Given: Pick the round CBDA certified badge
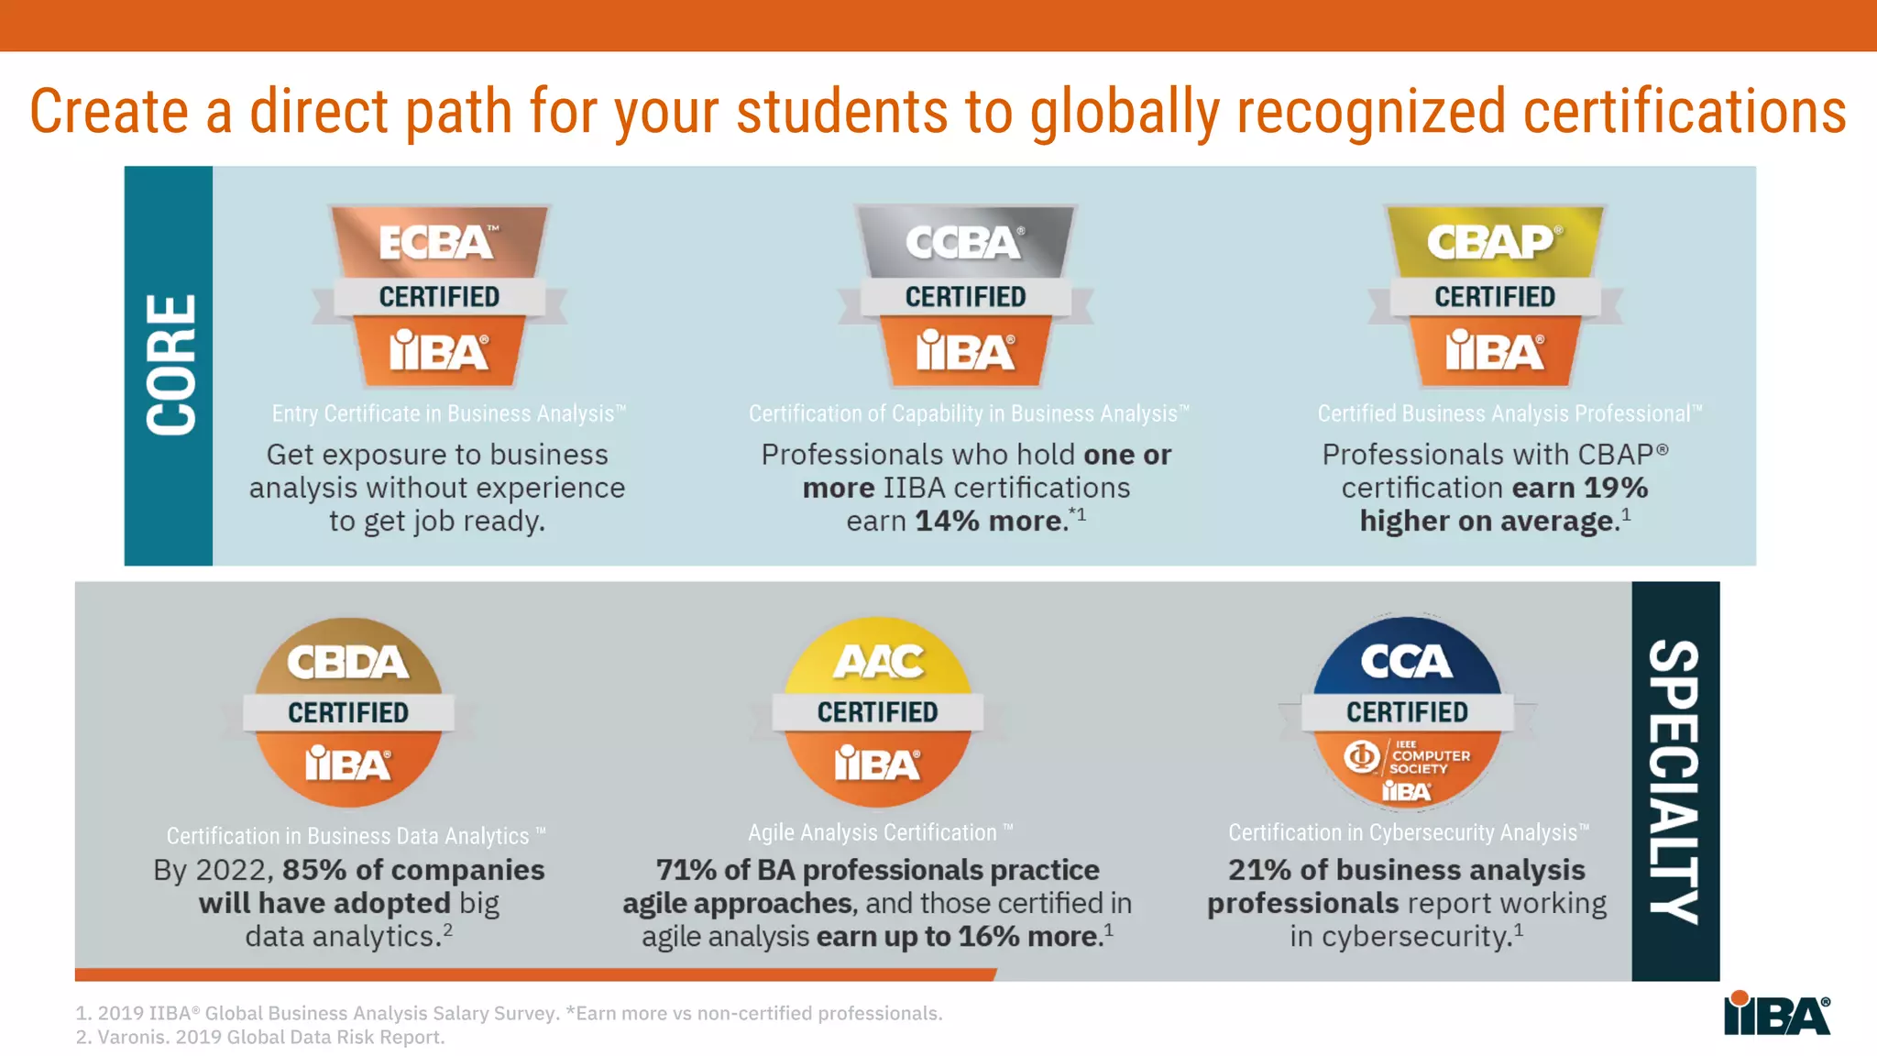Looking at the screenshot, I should tap(348, 711).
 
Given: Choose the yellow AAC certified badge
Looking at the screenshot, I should tap(877, 711).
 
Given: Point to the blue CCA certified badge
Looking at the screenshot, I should tap(1407, 711).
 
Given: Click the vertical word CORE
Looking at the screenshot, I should tap(170, 365).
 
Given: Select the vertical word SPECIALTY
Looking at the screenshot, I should tap(1674, 781).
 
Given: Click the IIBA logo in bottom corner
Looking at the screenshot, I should tap(1776, 1014).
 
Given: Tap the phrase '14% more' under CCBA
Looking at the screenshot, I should tap(990, 521).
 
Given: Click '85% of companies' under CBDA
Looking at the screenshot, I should tap(412, 870).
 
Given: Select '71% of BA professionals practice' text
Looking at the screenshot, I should tap(877, 870).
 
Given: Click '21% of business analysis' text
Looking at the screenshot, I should tap(1406, 870).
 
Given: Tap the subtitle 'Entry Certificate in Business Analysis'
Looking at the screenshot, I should tap(448, 413).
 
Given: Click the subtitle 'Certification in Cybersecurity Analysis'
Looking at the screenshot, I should tap(1408, 832).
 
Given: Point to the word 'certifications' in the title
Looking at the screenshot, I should tap(1685, 112).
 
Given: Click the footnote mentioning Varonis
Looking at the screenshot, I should tap(260, 1037).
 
